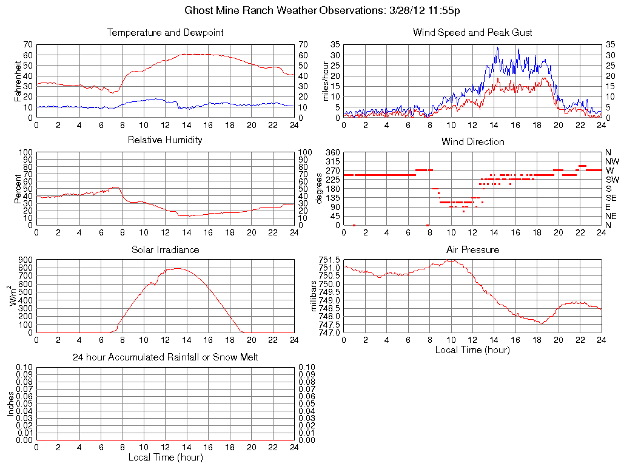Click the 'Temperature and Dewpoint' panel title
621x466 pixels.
pos(165,33)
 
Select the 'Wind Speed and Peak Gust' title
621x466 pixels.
pos(472,33)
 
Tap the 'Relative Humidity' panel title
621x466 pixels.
pos(165,140)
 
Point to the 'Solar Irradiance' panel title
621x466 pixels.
pos(165,249)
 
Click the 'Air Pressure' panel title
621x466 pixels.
pos(472,249)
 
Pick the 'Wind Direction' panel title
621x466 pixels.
pos(472,142)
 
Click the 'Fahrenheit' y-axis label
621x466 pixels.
pos(18,81)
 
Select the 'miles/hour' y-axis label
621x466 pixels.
pos(326,81)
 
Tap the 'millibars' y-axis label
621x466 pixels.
pos(314,296)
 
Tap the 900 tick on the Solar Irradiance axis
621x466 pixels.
pos(24,260)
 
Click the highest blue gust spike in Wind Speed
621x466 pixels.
pos(497,47)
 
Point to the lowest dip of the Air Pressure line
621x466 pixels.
pos(541,324)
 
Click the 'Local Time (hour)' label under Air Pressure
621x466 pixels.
pos(472,349)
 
